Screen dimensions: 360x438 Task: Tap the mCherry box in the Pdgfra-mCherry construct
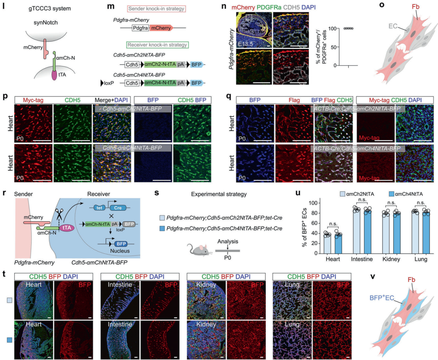tap(161, 28)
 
